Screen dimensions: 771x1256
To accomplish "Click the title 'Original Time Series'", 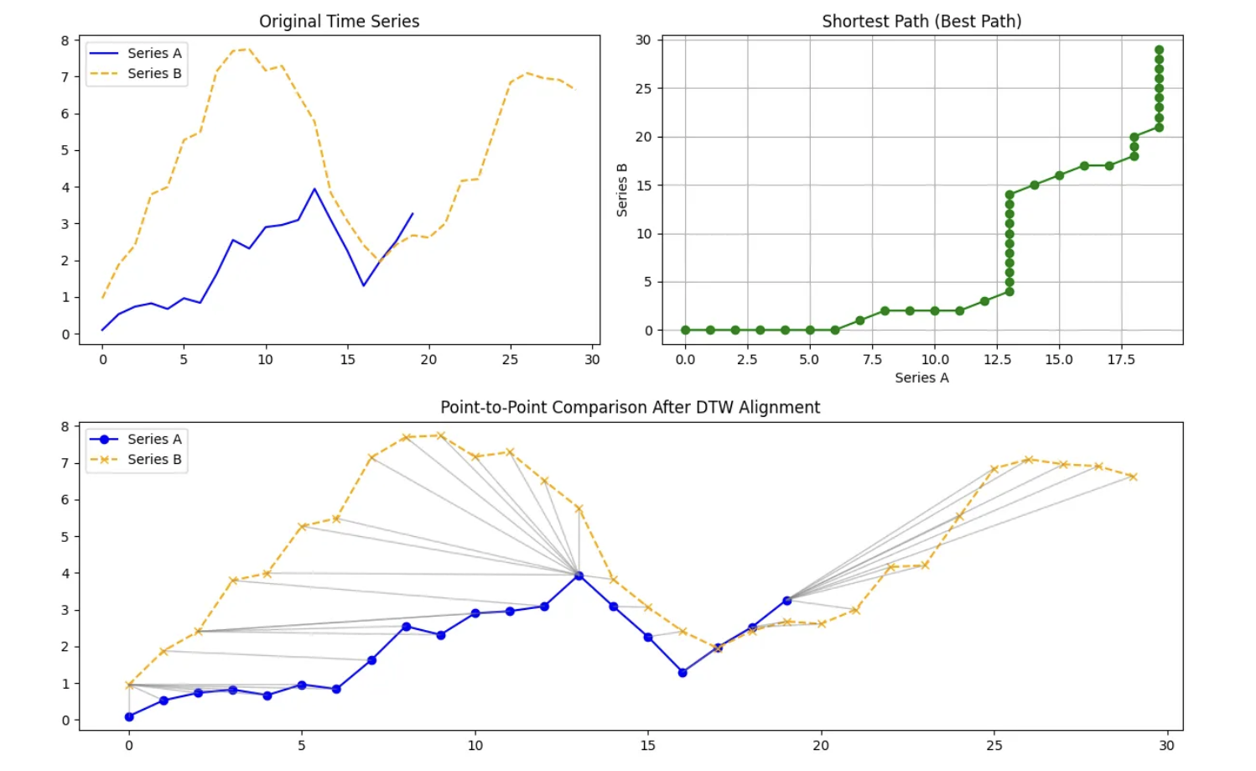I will click(339, 21).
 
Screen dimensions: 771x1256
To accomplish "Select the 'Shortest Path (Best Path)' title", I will click(921, 21).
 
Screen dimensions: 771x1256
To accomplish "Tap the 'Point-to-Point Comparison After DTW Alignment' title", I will click(630, 407).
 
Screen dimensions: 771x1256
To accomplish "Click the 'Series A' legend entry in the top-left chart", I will click(153, 53).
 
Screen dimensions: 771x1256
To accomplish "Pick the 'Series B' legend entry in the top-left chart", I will click(153, 74).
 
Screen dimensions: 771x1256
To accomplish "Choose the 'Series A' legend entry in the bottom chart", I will click(153, 439).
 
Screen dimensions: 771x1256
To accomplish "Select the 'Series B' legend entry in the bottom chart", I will click(153, 460).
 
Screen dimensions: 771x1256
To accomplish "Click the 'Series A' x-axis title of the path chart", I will click(921, 378).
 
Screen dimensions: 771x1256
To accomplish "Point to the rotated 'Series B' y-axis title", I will click(622, 190).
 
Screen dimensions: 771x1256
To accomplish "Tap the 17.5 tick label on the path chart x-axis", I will click(1121, 360).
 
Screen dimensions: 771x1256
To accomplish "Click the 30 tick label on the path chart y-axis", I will click(643, 40).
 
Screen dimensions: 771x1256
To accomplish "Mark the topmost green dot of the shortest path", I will click(1159, 50).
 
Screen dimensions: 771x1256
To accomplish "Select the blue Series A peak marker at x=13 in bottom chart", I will click(579, 576).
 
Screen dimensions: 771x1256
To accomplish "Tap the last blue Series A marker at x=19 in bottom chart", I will click(786, 601).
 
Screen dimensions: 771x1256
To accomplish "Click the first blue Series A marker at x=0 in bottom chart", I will click(129, 716).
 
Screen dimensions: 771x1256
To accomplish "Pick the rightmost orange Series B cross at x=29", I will click(1133, 477).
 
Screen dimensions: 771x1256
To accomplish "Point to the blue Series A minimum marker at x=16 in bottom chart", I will click(682, 673).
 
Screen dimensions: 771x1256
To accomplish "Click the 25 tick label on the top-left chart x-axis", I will click(510, 360).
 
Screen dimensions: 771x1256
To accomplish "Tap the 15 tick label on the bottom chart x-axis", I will click(648, 745).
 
